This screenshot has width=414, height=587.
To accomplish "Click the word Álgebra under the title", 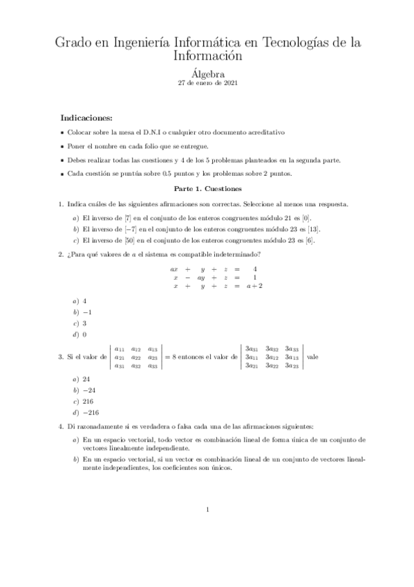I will pos(207,71).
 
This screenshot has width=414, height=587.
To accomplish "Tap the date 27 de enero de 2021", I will pos(207,82).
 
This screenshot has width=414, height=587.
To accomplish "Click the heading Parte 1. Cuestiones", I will pos(207,188).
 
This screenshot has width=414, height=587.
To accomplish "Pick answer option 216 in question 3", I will pos(88,401).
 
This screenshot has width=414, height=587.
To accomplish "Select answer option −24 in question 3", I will pos(88,390).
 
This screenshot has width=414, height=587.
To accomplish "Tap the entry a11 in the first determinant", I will pos(120,349).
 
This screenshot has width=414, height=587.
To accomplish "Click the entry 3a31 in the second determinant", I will pos(252,349).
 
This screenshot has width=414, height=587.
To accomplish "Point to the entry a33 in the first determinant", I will pos(153,365).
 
